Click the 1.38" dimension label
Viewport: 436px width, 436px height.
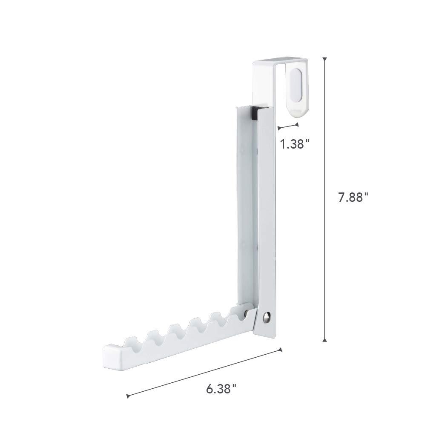294,144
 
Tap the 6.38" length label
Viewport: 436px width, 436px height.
221,389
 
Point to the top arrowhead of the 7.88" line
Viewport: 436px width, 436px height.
325,60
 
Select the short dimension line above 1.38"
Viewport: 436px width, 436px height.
288,126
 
